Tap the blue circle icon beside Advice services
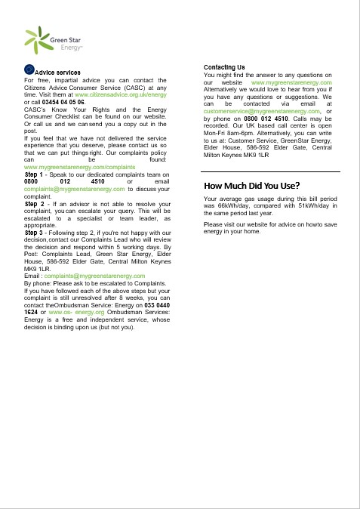29,70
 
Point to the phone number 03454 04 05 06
64,102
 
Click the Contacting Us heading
224,67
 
